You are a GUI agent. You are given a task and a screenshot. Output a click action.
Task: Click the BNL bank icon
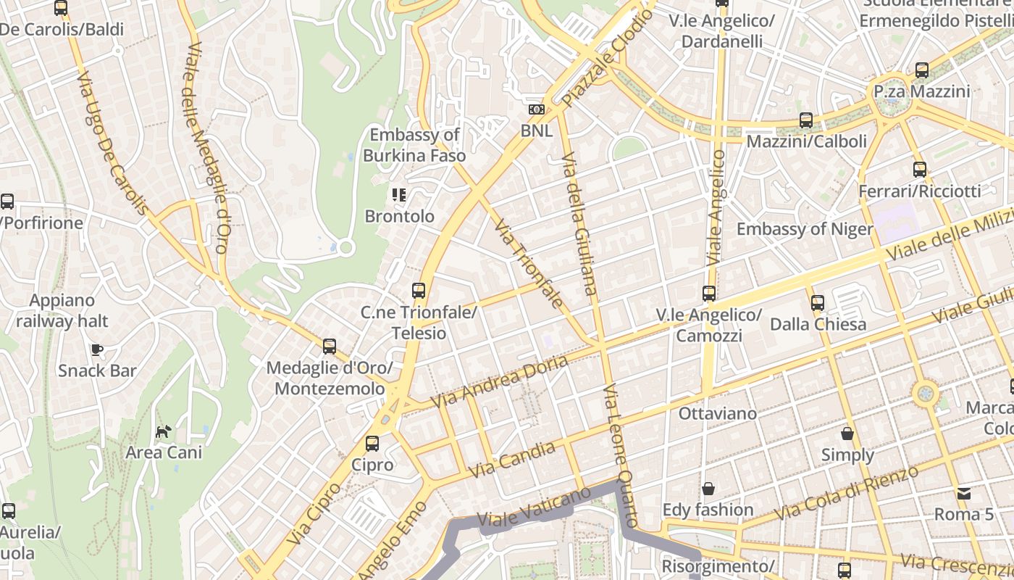click(536, 109)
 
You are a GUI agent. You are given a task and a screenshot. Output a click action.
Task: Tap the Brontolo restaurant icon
click(399, 194)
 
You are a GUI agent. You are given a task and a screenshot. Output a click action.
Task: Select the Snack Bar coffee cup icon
click(97, 349)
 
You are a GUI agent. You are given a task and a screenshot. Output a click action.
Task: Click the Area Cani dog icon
click(164, 431)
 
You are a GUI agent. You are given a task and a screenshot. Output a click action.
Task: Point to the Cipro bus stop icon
click(372, 443)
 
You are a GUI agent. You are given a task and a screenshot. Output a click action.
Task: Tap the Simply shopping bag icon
click(847, 434)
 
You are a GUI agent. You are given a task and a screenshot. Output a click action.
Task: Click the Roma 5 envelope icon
click(964, 493)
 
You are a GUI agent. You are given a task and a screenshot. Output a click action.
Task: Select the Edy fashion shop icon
click(708, 489)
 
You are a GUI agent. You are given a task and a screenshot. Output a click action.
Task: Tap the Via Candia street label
click(512, 460)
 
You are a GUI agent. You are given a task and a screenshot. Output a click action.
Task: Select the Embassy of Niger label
click(805, 229)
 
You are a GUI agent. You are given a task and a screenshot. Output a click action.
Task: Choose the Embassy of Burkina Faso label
click(414, 145)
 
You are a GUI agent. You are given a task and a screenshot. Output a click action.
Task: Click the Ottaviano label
click(717, 413)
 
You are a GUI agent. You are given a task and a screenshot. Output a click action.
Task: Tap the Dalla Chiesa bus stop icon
click(818, 302)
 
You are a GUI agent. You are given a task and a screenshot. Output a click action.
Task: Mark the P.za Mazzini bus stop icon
click(921, 70)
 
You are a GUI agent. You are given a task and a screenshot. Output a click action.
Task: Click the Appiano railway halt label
click(62, 310)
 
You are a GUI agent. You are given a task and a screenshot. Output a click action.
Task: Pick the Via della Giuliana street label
click(580, 223)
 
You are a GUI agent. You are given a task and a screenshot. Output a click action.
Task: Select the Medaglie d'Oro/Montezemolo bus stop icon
click(330, 346)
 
